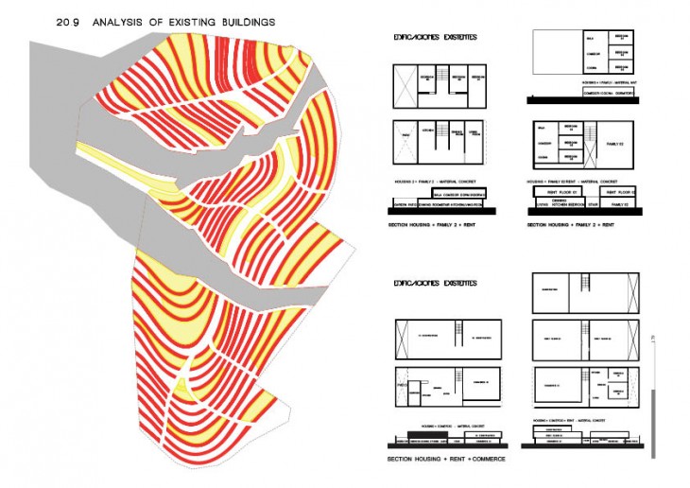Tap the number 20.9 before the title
[x=68, y=20]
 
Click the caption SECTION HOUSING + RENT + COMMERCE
[x=446, y=460]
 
